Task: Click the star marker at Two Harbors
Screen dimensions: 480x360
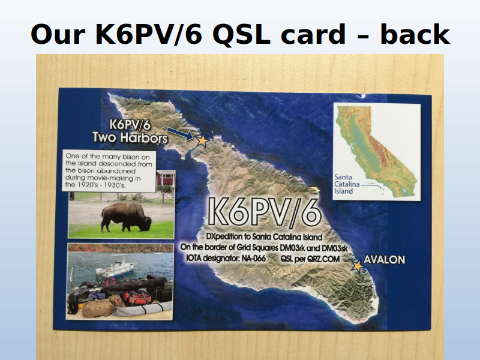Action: tap(202, 141)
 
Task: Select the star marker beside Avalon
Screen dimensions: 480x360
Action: tap(357, 266)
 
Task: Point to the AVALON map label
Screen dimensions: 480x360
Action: tap(384, 260)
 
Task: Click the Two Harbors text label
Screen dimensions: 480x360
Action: tap(130, 137)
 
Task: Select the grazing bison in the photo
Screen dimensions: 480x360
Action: tap(126, 217)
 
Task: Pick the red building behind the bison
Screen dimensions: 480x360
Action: tap(166, 179)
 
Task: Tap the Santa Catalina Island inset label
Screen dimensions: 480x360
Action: tap(347, 184)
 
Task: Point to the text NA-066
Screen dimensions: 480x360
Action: tap(253, 259)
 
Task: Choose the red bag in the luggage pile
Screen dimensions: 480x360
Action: tap(137, 298)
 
